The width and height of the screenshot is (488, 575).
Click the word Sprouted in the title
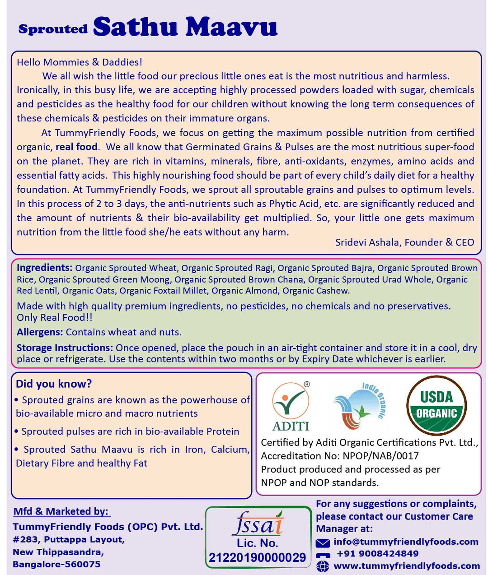click(53, 29)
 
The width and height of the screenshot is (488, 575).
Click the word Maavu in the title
click(231, 27)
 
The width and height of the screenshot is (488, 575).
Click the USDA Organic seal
click(436, 405)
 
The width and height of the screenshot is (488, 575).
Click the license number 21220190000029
click(258, 558)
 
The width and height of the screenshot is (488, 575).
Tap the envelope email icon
click(323, 543)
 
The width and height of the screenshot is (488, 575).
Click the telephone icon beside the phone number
click(323, 555)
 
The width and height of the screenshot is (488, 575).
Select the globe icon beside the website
click(323, 566)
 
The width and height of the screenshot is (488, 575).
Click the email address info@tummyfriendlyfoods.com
click(406, 542)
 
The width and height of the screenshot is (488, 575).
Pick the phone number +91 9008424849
click(378, 554)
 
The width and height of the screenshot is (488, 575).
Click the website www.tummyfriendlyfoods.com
click(407, 566)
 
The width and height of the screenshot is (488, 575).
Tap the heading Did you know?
click(54, 384)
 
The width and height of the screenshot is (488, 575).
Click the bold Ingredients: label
click(44, 268)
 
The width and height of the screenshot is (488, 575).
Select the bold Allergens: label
click(40, 332)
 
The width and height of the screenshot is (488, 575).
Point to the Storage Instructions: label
click(65, 348)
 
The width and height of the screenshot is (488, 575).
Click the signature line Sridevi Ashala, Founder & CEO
click(404, 242)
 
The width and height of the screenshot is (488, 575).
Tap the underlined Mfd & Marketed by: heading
click(61, 511)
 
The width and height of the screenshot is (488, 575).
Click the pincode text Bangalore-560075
click(56, 564)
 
